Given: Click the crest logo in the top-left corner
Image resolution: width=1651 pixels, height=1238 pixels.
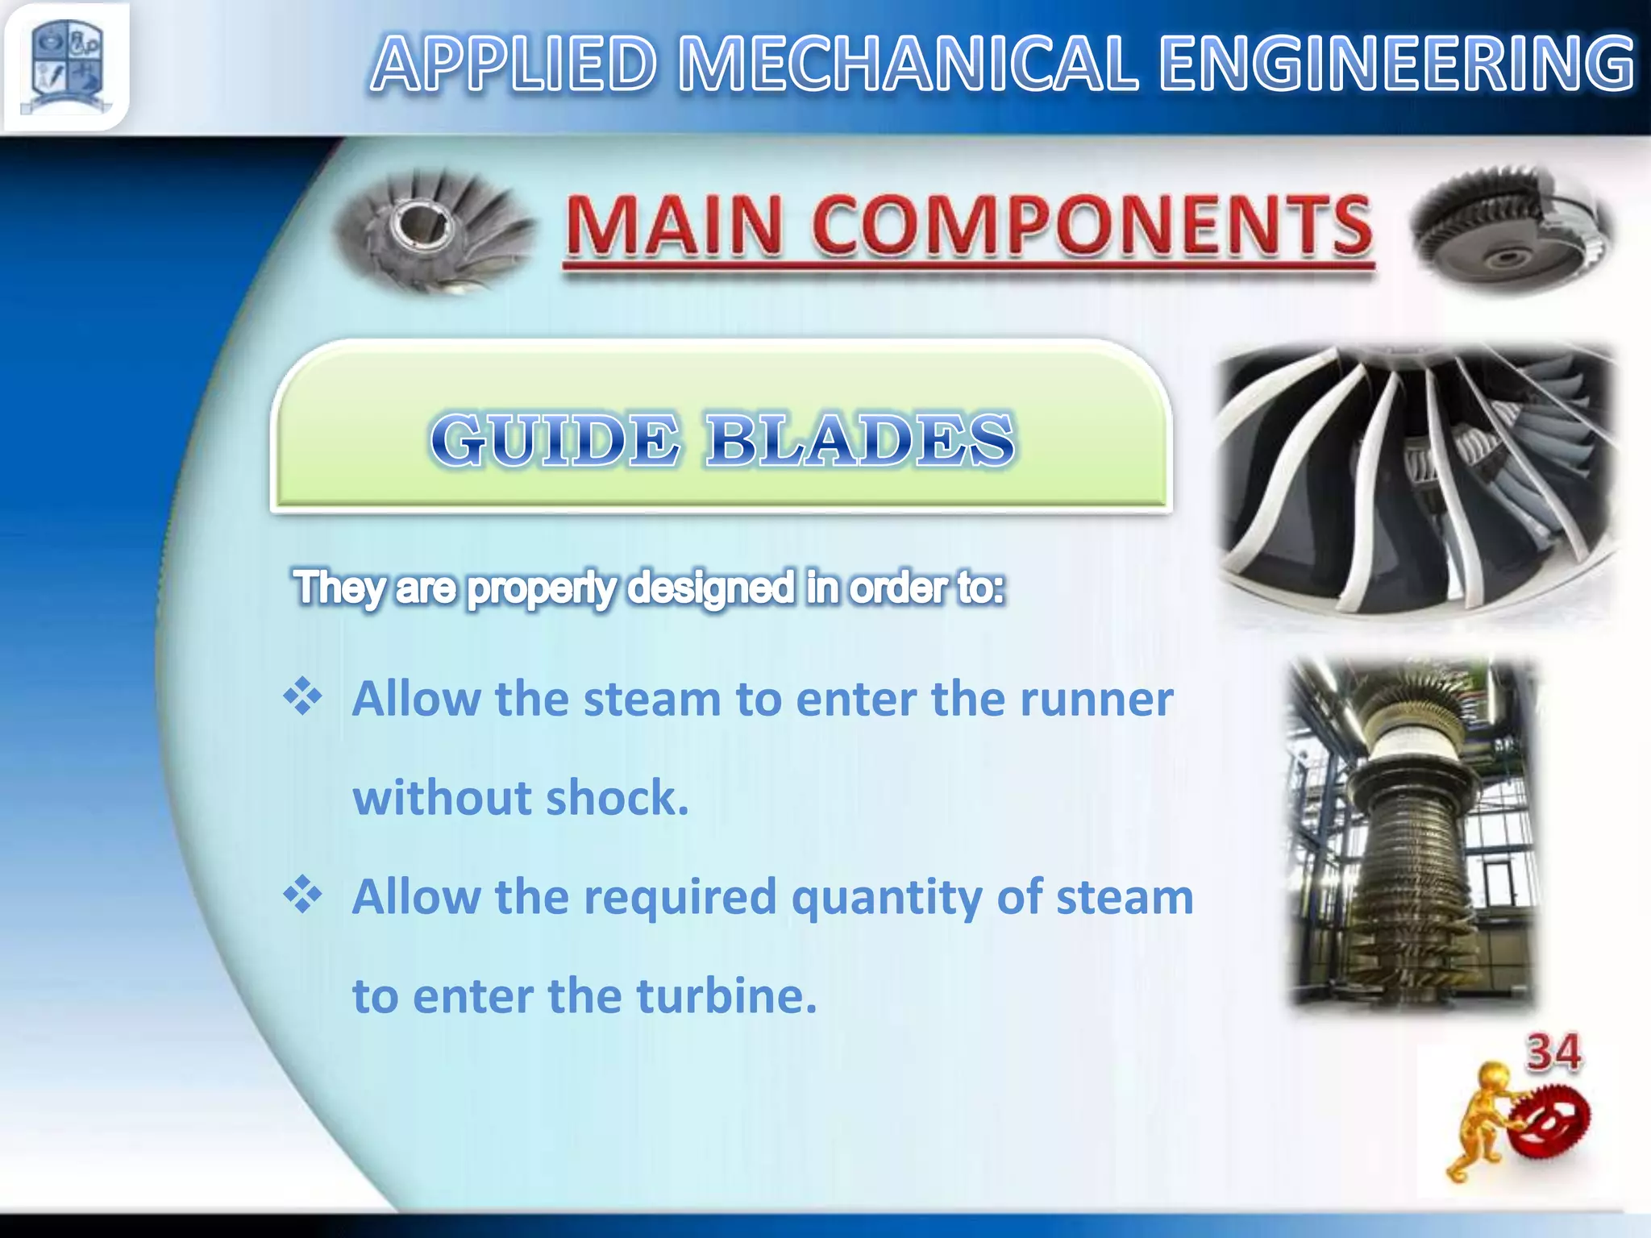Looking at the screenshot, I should pos(66,66).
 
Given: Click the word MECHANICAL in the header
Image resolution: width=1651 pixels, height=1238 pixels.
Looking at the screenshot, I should pos(908,64).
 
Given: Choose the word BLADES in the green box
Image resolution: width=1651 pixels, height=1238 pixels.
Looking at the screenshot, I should pos(859,440).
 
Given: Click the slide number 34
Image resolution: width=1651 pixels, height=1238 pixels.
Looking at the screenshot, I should pos(1553,1053).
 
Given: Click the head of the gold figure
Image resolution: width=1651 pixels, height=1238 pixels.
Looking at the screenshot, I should pos(1493,1078).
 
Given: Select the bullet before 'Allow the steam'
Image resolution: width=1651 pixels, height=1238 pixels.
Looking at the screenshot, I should pos(303,696).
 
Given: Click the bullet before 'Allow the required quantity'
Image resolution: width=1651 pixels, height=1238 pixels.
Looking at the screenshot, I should pos(303,895).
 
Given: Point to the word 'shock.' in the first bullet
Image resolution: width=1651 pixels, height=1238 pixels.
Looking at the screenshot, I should pos(617,798).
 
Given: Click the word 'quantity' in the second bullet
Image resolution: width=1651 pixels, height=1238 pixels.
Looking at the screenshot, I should pos(885,898).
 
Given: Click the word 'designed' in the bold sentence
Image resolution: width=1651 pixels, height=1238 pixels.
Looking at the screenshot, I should pos(711,587).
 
